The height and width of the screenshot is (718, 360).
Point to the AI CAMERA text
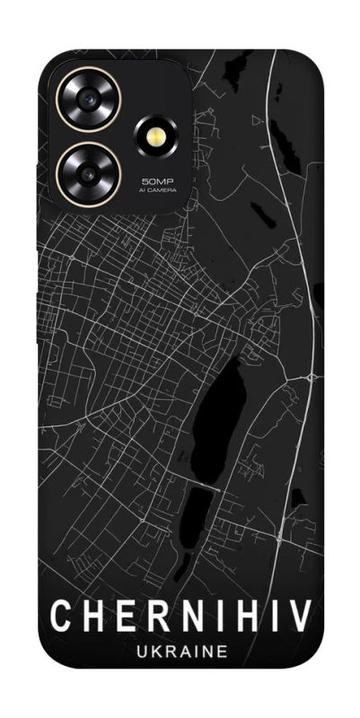(157, 190)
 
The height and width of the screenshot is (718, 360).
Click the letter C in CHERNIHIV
(60, 617)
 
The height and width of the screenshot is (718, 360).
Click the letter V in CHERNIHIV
(300, 617)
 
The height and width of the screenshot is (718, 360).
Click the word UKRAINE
(180, 653)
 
